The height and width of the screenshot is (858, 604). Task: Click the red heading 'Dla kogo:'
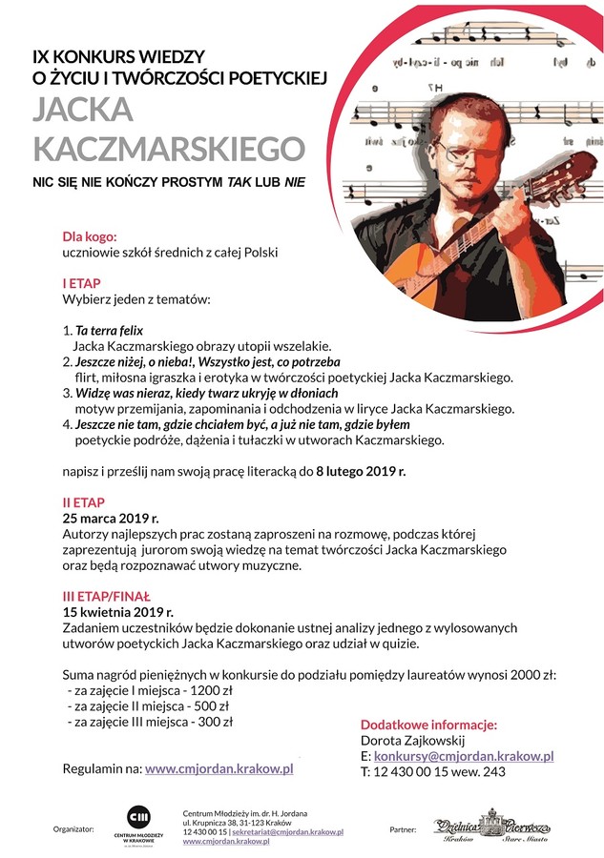click(90, 235)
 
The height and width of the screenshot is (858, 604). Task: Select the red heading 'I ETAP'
click(81, 283)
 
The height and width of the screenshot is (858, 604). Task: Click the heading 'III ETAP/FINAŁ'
click(109, 595)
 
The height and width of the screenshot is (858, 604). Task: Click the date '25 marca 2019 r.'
click(110, 518)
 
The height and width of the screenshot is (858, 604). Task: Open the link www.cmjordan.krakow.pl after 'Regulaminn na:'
click(219, 767)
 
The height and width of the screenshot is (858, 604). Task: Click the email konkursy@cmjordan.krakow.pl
click(464, 755)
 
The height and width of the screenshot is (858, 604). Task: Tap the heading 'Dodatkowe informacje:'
click(428, 724)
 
